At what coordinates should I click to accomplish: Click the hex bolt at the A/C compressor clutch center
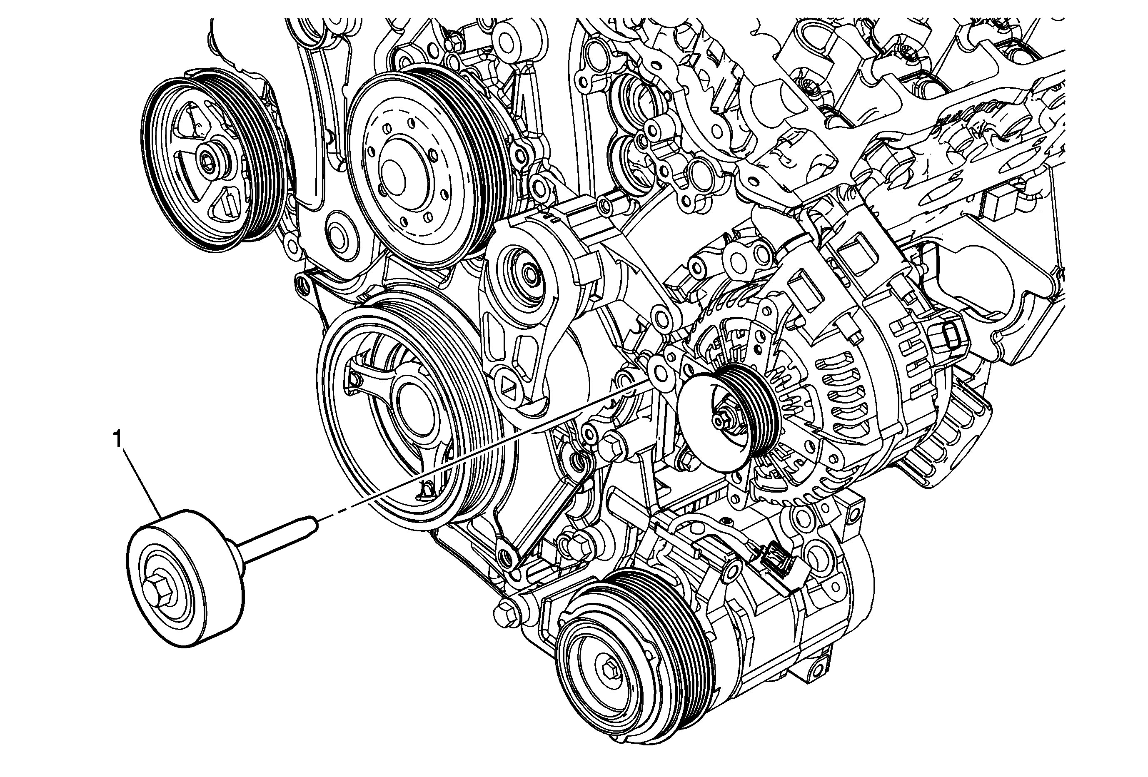coord(609,671)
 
